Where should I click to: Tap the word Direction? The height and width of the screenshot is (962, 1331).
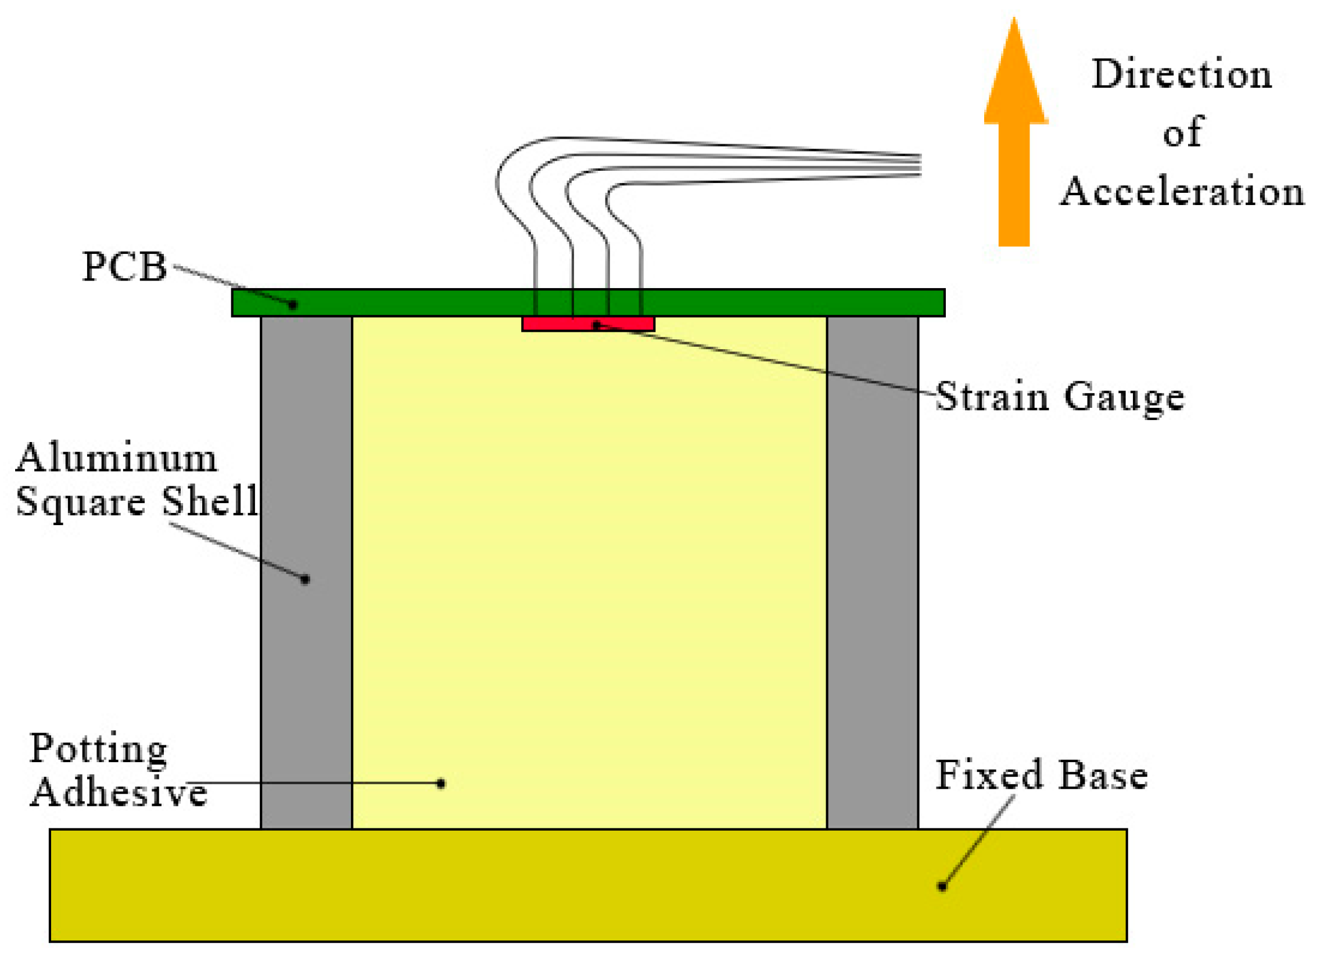[1181, 74]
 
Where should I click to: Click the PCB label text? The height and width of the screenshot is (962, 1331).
[124, 267]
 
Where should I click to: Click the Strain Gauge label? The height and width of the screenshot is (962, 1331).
[1059, 397]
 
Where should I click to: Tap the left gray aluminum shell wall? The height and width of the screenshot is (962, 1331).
[306, 645]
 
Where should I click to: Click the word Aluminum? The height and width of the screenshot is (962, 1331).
[116, 458]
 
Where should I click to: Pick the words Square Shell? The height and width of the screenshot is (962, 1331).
[136, 502]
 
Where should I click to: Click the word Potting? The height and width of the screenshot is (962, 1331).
[99, 749]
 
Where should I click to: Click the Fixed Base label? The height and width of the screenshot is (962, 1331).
[1041, 776]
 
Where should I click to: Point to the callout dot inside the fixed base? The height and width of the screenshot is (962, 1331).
[942, 886]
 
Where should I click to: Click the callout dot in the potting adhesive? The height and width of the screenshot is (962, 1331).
[441, 783]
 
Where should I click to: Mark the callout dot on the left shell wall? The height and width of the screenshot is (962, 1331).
[305, 579]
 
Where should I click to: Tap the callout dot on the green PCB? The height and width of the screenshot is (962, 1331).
[293, 304]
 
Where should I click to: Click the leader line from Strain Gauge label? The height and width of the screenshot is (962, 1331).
[763, 360]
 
